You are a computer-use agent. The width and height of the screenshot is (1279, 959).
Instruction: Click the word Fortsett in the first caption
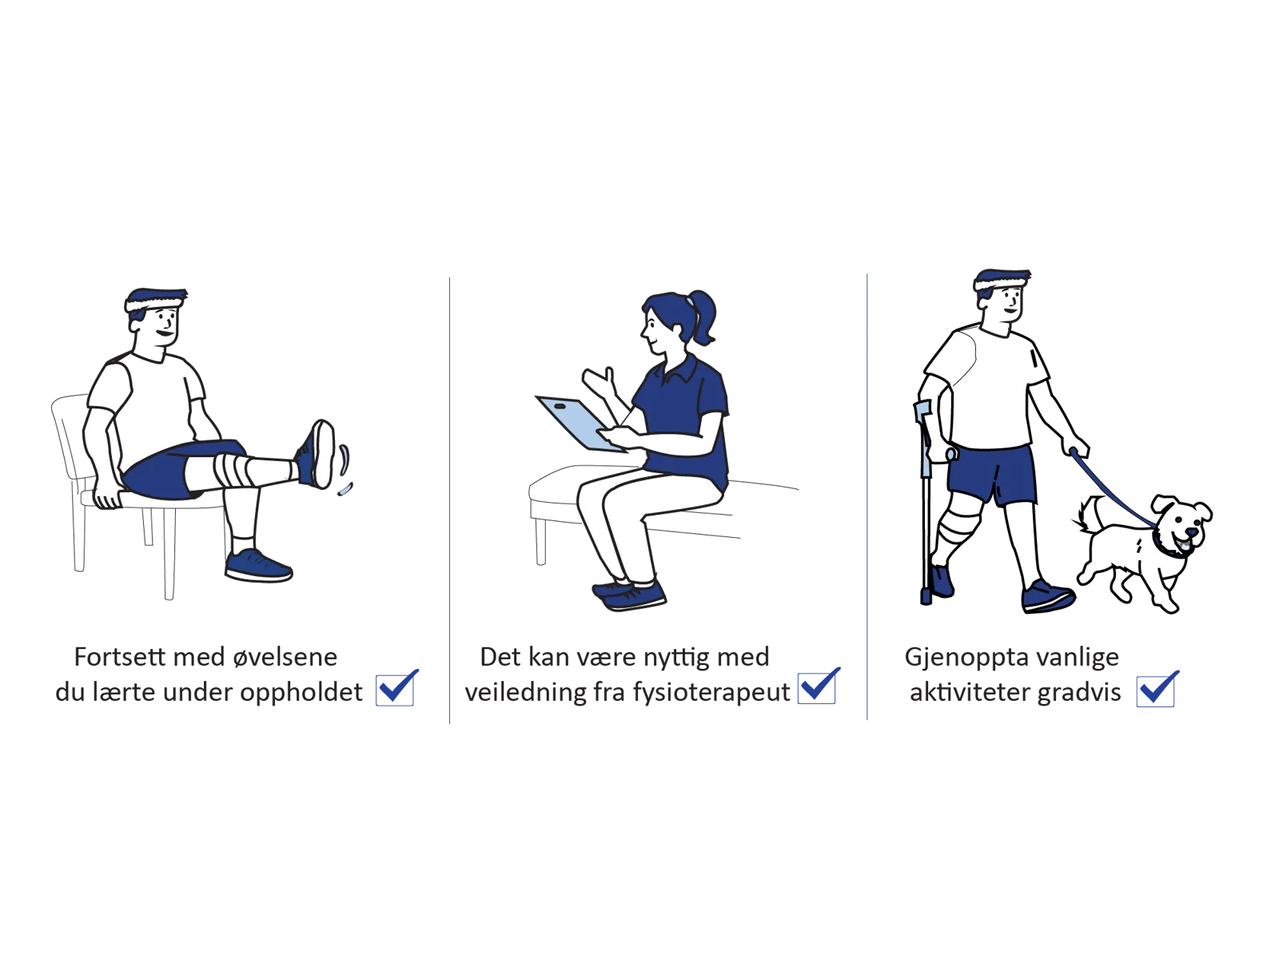point(120,657)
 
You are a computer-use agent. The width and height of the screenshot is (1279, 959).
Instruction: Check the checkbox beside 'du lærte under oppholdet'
point(395,690)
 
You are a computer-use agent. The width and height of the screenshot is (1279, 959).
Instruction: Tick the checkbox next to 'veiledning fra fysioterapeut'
point(816,688)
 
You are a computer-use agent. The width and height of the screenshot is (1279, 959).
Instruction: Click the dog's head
point(1181,524)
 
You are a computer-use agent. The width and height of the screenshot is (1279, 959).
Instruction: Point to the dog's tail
point(1085,515)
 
